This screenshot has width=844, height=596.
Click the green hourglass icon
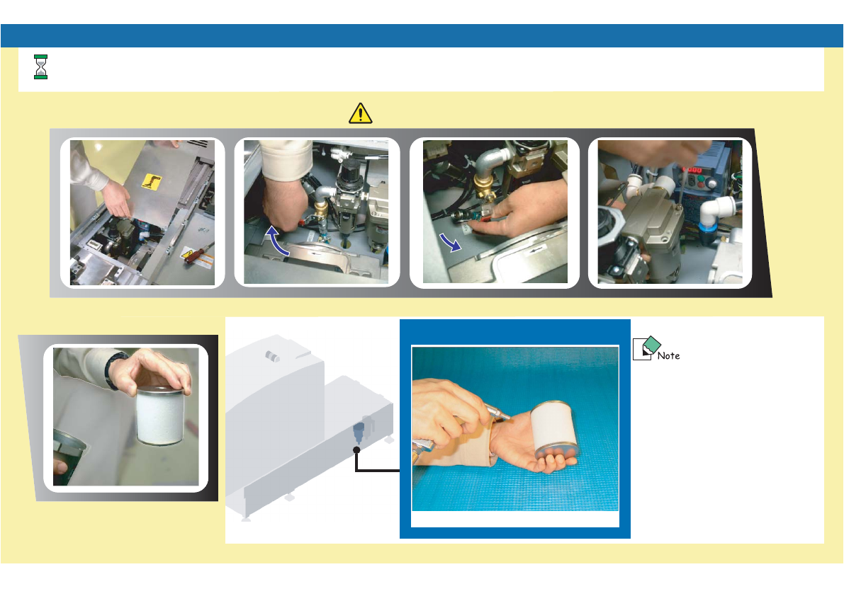[41, 67]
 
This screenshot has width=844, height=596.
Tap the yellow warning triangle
[360, 113]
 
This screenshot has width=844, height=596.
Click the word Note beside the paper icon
[668, 356]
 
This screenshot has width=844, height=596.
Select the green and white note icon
[646, 348]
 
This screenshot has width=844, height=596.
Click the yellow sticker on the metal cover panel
[151, 182]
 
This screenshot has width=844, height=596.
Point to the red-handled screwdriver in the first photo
[197, 251]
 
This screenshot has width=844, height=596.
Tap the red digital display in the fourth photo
[692, 171]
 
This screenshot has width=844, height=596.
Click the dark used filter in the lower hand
[68, 457]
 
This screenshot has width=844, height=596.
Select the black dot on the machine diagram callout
[356, 449]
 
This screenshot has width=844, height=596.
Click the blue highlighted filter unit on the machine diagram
[359, 432]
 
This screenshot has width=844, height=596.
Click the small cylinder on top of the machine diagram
[273, 356]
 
